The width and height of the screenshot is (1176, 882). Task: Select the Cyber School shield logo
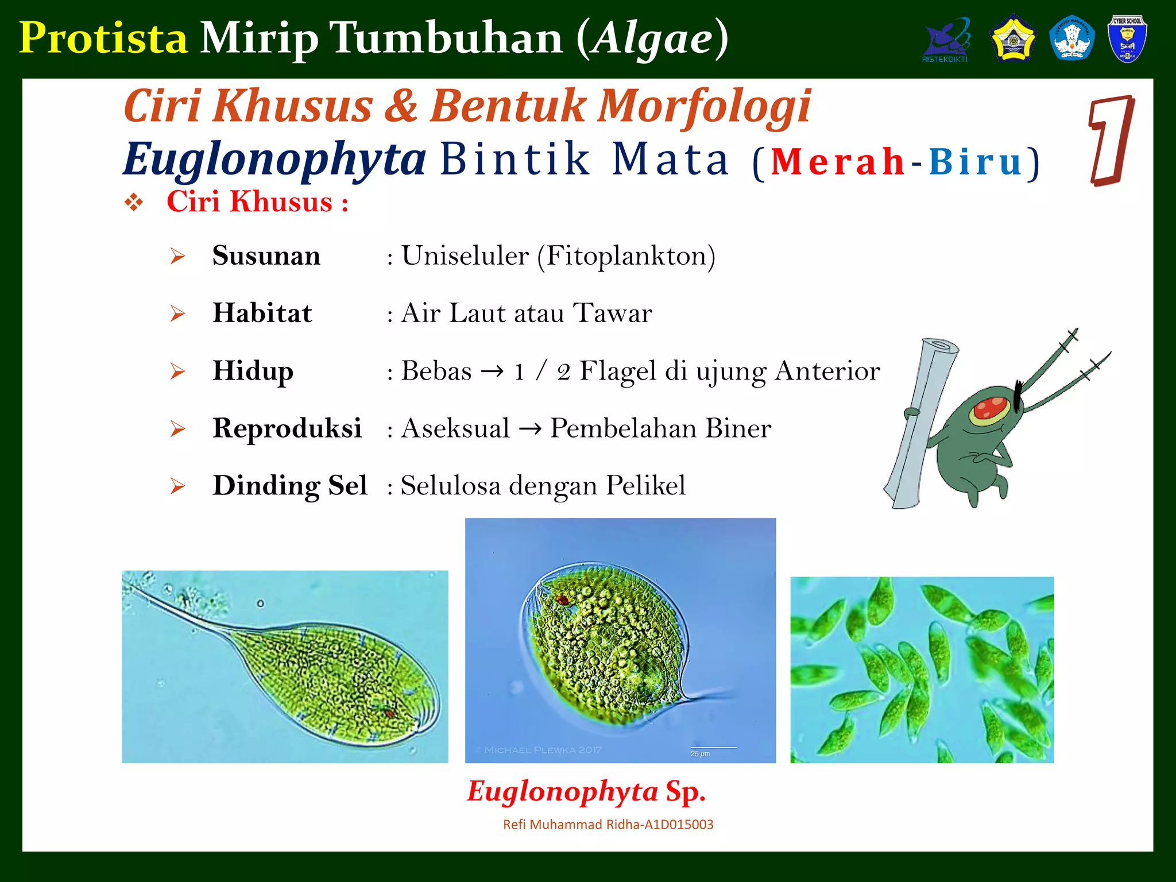(x=1127, y=38)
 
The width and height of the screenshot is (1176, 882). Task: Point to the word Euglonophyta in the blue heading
(x=274, y=160)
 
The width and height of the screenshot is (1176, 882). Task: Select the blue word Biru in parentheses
(x=976, y=162)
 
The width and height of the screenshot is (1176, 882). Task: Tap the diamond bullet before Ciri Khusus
(x=134, y=202)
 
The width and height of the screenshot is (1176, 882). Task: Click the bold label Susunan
(x=266, y=255)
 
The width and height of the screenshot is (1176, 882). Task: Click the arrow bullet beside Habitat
(x=177, y=314)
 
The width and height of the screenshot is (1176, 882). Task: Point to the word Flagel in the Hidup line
(x=617, y=371)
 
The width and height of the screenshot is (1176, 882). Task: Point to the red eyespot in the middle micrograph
(x=562, y=600)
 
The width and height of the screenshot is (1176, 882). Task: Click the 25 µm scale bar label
(x=700, y=753)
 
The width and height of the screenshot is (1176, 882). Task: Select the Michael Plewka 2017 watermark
(x=540, y=750)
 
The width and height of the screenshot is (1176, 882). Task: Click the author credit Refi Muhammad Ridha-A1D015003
(x=608, y=825)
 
